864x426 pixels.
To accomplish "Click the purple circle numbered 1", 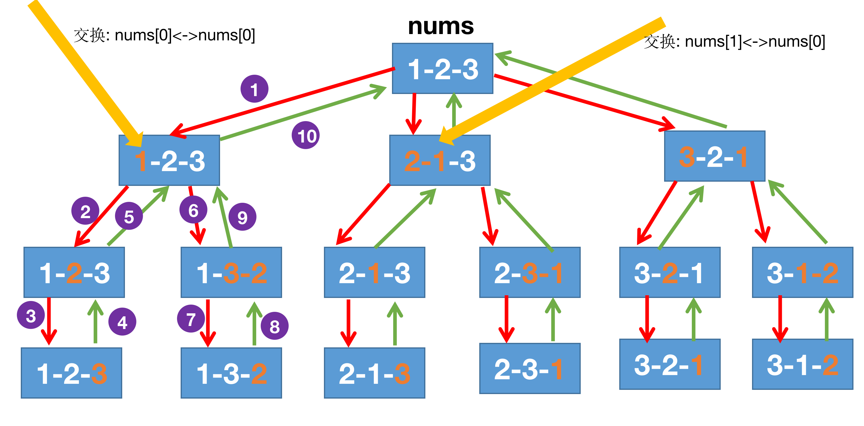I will point(254,89).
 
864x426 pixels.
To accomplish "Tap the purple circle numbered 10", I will point(306,135).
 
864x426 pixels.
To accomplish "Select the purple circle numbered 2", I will point(85,211).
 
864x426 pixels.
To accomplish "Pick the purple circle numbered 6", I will point(193,210).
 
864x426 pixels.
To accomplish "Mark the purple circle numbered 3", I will point(31,315).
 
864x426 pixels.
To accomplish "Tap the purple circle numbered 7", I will point(191,318).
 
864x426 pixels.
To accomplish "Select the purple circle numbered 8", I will point(274,326).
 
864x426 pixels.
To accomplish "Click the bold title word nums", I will point(441,26).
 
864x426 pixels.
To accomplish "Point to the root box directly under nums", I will point(443,68).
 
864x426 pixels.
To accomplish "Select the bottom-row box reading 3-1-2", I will point(802,364).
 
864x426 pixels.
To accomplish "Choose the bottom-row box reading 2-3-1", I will point(530,368).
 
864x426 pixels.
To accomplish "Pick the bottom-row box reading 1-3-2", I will point(231,373).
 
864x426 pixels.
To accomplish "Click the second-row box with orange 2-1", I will point(440,161).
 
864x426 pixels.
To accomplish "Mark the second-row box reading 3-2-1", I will point(714,156).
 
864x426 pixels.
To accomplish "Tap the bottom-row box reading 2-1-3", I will point(374,373).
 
